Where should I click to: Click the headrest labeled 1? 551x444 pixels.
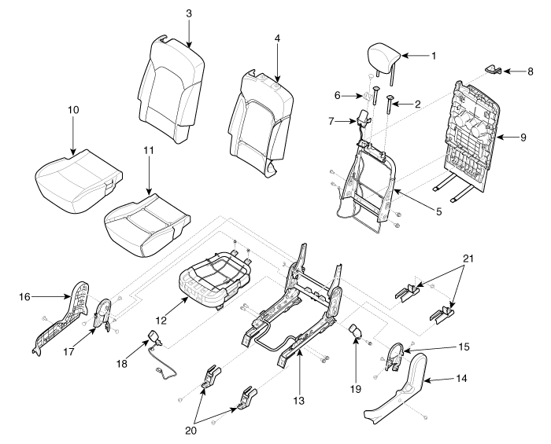click(384, 58)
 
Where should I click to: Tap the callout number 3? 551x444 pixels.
click(189, 13)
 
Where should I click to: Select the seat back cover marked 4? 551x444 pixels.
click(261, 123)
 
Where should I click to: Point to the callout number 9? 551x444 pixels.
click(523, 137)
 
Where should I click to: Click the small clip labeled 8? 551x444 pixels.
click(494, 69)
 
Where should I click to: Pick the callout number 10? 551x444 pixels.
click(73, 110)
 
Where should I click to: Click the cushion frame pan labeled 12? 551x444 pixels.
click(215, 283)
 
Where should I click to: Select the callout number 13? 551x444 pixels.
click(299, 400)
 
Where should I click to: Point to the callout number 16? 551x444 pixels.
click(24, 297)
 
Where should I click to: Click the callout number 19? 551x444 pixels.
click(356, 388)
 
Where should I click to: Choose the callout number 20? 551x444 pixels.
click(190, 431)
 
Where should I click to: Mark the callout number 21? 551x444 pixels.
click(468, 259)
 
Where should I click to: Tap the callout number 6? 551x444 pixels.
click(338, 95)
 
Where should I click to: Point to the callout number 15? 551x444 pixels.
click(464, 347)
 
